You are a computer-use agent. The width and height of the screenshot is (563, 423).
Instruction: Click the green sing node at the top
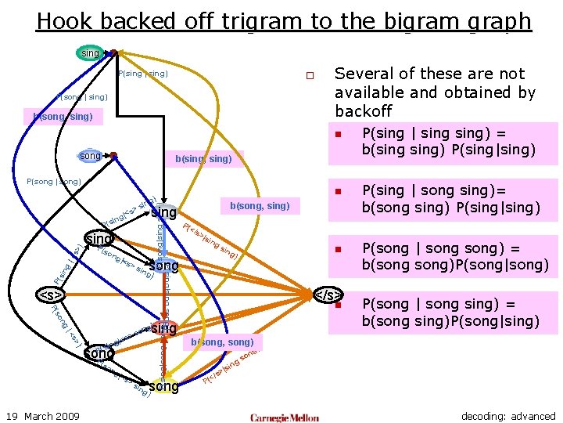pyautogui.click(x=91, y=53)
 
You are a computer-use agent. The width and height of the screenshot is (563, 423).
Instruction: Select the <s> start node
pyautogui.click(x=51, y=295)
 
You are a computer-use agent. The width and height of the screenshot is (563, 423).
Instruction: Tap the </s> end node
pyautogui.click(x=328, y=295)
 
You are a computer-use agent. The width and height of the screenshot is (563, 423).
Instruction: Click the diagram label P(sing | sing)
pyautogui.click(x=142, y=74)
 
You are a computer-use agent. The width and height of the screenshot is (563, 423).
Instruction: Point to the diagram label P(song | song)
pyautogui.click(x=54, y=181)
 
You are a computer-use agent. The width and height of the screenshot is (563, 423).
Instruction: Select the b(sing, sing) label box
pyautogui.click(x=203, y=159)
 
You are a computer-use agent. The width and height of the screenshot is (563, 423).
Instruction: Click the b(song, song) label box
pyautogui.click(x=223, y=343)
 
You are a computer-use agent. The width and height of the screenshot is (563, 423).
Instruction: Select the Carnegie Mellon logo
pyautogui.click(x=285, y=417)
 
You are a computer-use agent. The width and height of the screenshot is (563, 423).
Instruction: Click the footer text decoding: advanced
pyautogui.click(x=508, y=416)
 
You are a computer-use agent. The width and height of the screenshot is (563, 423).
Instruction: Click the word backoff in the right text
pyautogui.click(x=364, y=111)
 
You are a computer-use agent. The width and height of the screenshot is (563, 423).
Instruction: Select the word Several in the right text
pyautogui.click(x=364, y=74)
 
